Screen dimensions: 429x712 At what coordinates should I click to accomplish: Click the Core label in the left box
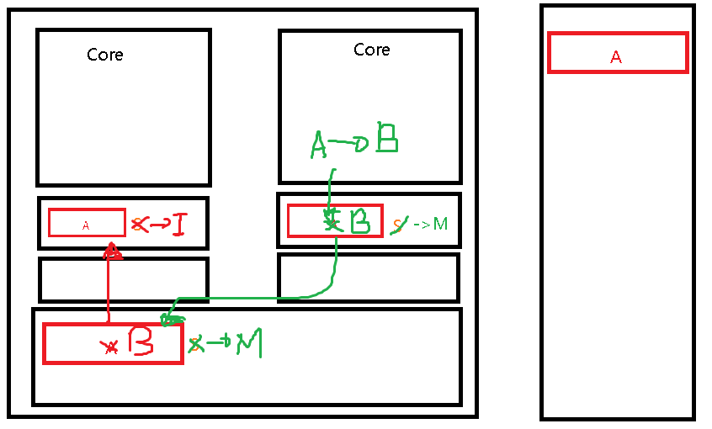coord(105,56)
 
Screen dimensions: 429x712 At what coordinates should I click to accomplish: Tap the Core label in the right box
coord(372,50)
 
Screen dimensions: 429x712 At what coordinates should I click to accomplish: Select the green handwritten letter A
coord(319,143)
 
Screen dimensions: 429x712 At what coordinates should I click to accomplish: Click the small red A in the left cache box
coord(86,225)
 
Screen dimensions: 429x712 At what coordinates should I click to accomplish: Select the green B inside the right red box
coord(359,221)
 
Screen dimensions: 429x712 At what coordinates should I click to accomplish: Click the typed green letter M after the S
coord(440,225)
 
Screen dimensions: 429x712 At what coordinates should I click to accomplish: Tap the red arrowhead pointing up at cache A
coord(112,251)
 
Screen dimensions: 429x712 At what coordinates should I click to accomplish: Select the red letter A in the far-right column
coord(616,57)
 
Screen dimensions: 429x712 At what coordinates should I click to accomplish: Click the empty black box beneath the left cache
coord(123,279)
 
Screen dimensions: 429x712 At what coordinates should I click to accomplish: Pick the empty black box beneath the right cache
coord(369,278)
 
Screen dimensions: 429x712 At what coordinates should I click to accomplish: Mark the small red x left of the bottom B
coord(109,346)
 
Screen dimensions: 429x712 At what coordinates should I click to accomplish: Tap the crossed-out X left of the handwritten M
coord(197,344)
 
